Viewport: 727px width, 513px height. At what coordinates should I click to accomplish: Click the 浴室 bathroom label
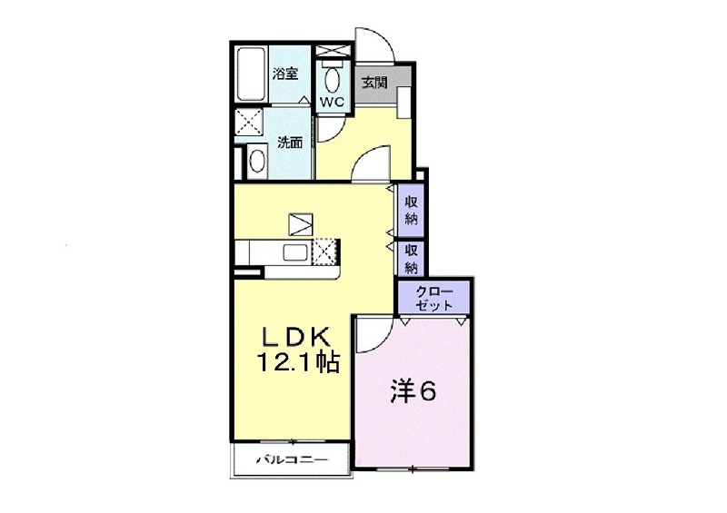tap(284, 74)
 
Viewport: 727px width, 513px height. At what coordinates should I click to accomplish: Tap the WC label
tap(333, 103)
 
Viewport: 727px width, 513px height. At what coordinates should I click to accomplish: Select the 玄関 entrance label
tap(374, 84)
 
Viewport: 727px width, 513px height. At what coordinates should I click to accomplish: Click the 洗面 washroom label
tap(290, 143)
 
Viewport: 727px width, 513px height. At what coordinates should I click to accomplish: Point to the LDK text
tap(296, 337)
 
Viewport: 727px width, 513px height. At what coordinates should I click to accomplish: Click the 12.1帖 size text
tap(299, 362)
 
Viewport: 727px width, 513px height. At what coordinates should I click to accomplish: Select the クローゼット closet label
tap(433, 299)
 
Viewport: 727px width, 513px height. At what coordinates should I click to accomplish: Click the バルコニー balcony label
tap(293, 460)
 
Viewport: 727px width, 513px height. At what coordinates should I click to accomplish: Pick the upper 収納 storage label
tap(412, 210)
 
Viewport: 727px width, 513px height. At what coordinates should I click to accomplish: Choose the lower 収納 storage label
tap(412, 258)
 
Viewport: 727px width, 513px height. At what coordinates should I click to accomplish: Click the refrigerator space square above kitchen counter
tap(301, 225)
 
